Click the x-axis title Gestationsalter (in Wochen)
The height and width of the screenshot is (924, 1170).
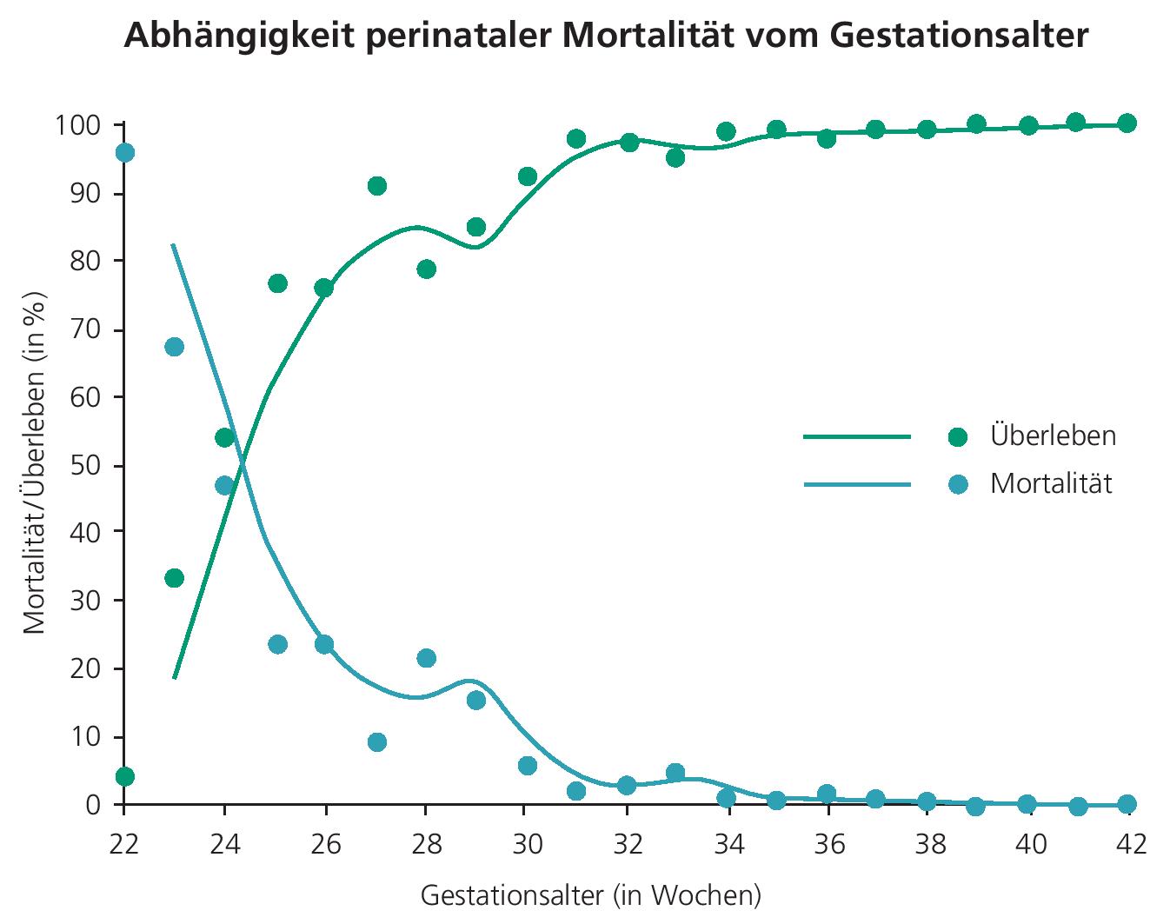pyautogui.click(x=590, y=894)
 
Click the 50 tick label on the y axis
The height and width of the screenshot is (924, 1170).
pyautogui.click(x=86, y=466)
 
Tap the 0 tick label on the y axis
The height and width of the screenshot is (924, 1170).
pyautogui.click(x=93, y=805)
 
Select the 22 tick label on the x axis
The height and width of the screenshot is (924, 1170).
pyautogui.click(x=124, y=844)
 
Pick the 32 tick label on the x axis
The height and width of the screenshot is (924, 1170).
pyautogui.click(x=628, y=844)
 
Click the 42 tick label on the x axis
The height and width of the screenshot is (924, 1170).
pyautogui.click(x=1128, y=844)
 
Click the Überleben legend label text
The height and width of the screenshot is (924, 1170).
pyautogui.click(x=1053, y=435)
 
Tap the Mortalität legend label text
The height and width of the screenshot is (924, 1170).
pyautogui.click(x=1051, y=483)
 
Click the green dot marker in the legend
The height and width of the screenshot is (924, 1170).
pyautogui.click(x=958, y=436)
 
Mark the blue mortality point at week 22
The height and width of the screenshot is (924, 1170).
pyautogui.click(x=124, y=153)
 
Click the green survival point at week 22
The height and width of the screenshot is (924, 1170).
pyautogui.click(x=124, y=776)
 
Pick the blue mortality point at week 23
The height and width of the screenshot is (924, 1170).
pyautogui.click(x=174, y=347)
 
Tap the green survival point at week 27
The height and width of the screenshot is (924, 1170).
pyautogui.click(x=376, y=186)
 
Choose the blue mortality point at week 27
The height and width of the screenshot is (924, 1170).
pyautogui.click(x=376, y=741)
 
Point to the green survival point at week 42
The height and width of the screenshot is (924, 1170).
pyautogui.click(x=1127, y=123)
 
